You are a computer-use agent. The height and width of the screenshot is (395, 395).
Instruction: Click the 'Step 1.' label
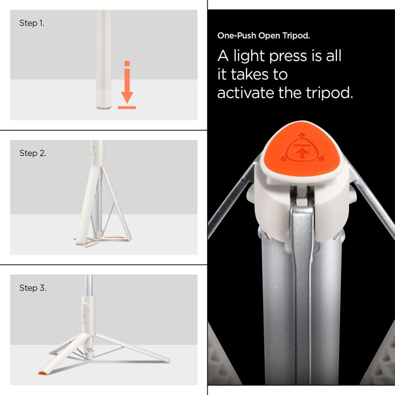[32, 24]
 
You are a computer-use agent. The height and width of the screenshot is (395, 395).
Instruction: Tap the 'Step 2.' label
[33, 153]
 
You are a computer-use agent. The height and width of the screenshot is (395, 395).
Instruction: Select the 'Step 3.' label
[33, 288]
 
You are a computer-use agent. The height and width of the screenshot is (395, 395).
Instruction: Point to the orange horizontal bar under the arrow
[127, 107]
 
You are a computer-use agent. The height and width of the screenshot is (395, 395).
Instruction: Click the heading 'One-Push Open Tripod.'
[264, 36]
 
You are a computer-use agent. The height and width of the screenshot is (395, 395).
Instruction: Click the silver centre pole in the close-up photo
[305, 293]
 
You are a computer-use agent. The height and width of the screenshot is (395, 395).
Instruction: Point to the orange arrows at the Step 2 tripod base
[89, 242]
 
